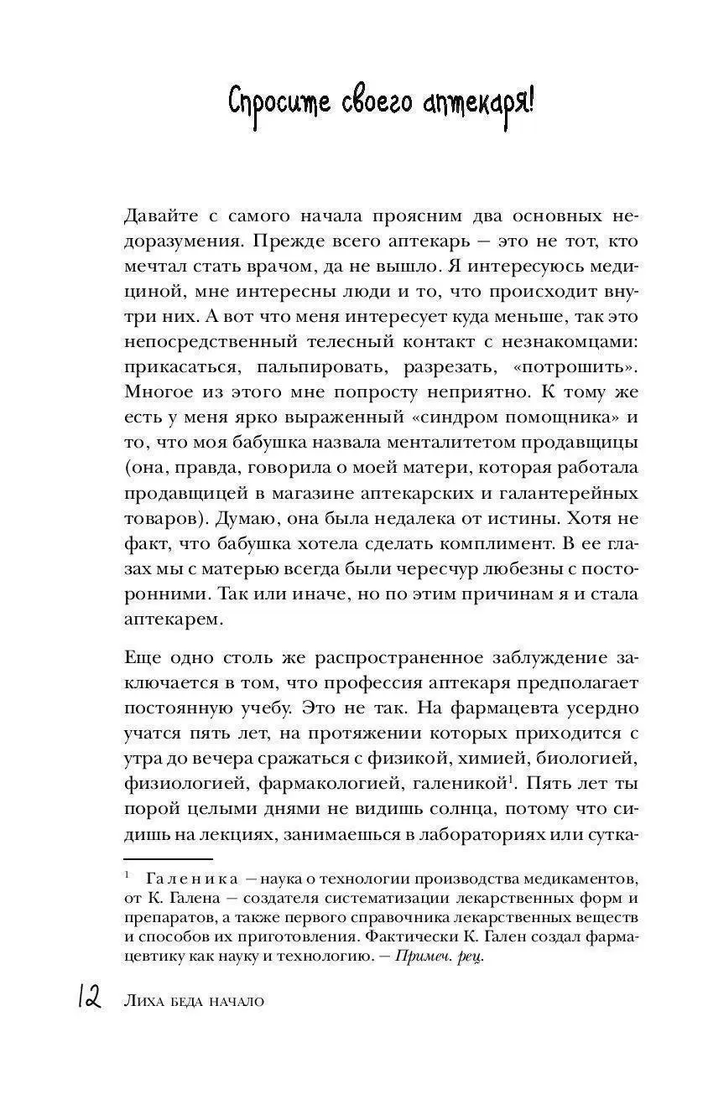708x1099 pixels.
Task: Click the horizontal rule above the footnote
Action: tap(168, 858)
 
